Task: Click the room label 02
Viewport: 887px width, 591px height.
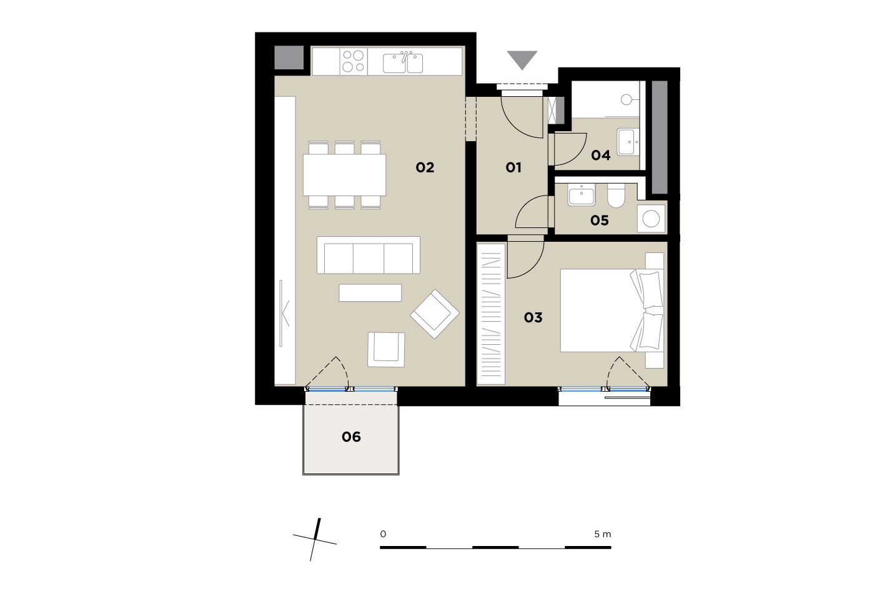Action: [425, 167]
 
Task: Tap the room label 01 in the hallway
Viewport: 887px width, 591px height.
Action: [513, 167]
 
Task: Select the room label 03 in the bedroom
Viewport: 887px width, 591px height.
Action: [533, 317]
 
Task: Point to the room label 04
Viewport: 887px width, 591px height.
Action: [601, 156]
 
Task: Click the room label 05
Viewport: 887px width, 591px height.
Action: [600, 221]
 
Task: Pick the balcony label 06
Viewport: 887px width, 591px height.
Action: [351, 437]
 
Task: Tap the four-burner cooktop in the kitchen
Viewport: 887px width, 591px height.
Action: [353, 61]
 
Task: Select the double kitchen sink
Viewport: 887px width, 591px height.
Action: [403, 63]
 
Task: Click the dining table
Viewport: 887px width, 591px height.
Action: [345, 175]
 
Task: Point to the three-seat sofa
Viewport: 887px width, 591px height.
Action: [369, 255]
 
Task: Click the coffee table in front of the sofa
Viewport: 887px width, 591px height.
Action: [370, 293]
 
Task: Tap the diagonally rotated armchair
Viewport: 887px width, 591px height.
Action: [435, 314]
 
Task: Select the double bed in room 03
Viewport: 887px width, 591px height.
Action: [612, 310]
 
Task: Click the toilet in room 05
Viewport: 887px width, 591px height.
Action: [616, 196]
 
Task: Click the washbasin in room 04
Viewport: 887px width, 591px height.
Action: [628, 142]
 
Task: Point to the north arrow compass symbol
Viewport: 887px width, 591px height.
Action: [315, 540]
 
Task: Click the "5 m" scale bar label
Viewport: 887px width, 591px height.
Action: [602, 534]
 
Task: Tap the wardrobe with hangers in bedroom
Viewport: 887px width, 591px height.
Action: [491, 314]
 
